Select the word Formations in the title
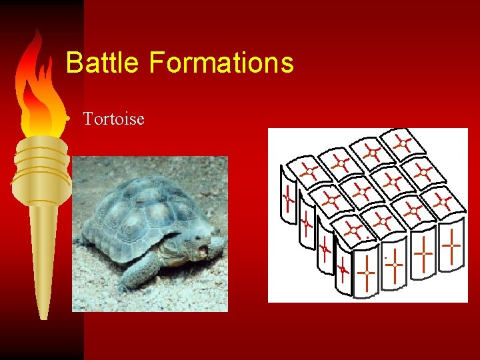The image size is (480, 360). (x=221, y=63)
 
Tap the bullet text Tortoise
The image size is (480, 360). (x=113, y=119)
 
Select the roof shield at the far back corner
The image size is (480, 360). (x=401, y=143)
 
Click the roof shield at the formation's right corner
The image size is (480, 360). (x=443, y=201)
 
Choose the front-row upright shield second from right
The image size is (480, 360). (x=423, y=255)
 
